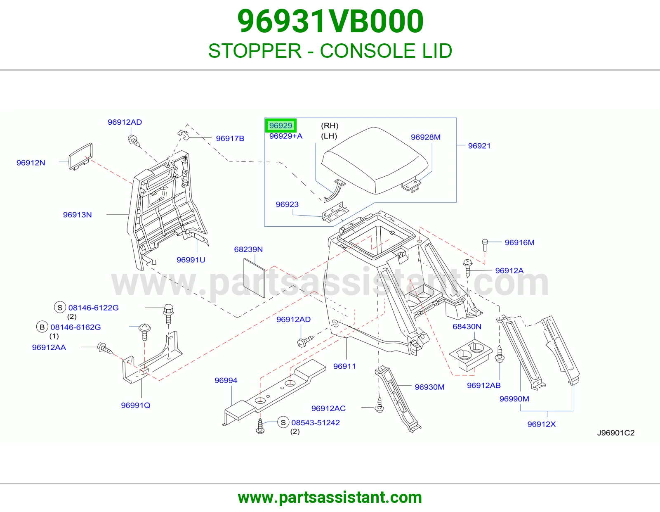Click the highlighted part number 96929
[x=280, y=126]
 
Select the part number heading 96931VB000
[x=330, y=21]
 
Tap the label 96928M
[x=426, y=137]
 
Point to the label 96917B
[x=230, y=138]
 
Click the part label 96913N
[x=77, y=215]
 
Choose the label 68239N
[x=248, y=249]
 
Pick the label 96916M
[x=519, y=243]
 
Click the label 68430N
[x=467, y=327]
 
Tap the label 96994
[x=226, y=380]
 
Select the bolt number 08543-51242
[x=315, y=423]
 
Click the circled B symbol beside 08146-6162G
[x=42, y=327]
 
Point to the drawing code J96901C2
[x=615, y=433]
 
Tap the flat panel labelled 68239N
[x=254, y=277]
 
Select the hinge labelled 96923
[x=335, y=212]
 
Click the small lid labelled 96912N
[x=81, y=156]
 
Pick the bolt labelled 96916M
[x=485, y=245]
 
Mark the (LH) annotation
[x=329, y=136]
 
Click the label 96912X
[x=541, y=424]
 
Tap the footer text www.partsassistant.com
[x=330, y=498]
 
